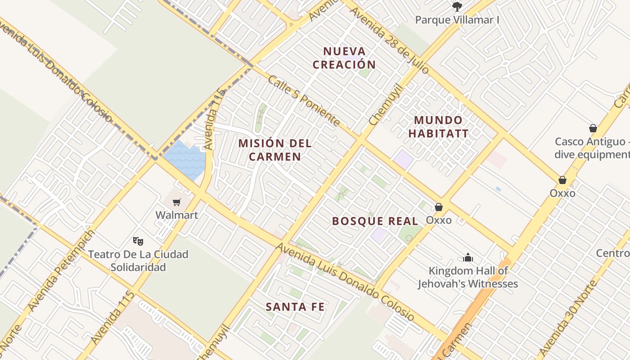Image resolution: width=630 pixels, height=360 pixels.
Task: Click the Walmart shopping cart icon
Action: tap(176, 202)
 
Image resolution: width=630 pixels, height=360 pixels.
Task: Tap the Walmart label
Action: tap(176, 215)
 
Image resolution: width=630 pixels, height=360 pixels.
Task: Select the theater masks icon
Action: tap(138, 241)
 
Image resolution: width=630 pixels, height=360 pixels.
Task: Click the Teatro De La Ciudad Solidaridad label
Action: tap(138, 261)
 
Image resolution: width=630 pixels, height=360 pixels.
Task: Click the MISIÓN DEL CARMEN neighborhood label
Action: tap(275, 150)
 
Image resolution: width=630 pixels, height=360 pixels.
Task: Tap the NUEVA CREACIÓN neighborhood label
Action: tap(344, 58)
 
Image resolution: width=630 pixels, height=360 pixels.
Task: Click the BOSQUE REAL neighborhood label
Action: tap(375, 221)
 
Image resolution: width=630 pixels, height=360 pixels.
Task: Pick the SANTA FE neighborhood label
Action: tap(295, 307)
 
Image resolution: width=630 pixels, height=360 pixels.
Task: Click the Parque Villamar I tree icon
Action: tap(457, 7)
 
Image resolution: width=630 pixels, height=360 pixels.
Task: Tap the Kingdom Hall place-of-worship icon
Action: tap(468, 258)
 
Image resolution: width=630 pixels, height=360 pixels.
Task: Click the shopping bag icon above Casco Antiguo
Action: tap(593, 128)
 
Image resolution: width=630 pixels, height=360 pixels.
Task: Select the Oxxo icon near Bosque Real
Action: tap(439, 207)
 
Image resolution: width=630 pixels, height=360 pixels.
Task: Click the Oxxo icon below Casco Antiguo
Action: tap(562, 180)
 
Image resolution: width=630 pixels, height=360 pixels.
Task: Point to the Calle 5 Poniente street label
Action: tap(304, 101)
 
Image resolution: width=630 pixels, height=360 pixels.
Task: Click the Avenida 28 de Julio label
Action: tap(389, 40)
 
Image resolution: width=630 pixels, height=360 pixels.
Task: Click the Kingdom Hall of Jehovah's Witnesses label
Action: tap(468, 277)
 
